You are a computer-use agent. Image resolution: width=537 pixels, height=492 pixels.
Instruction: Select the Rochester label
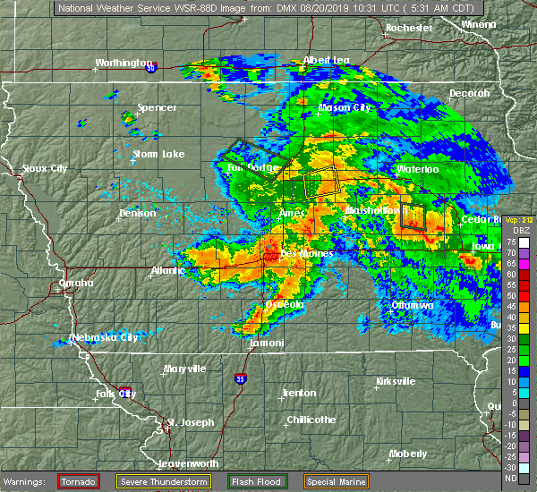(409, 28)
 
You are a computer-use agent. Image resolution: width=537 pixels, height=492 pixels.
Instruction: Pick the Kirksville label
(396, 381)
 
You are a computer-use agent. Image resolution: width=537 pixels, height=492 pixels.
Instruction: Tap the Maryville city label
(184, 369)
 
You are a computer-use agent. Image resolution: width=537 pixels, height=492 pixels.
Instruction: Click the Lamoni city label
(267, 344)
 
